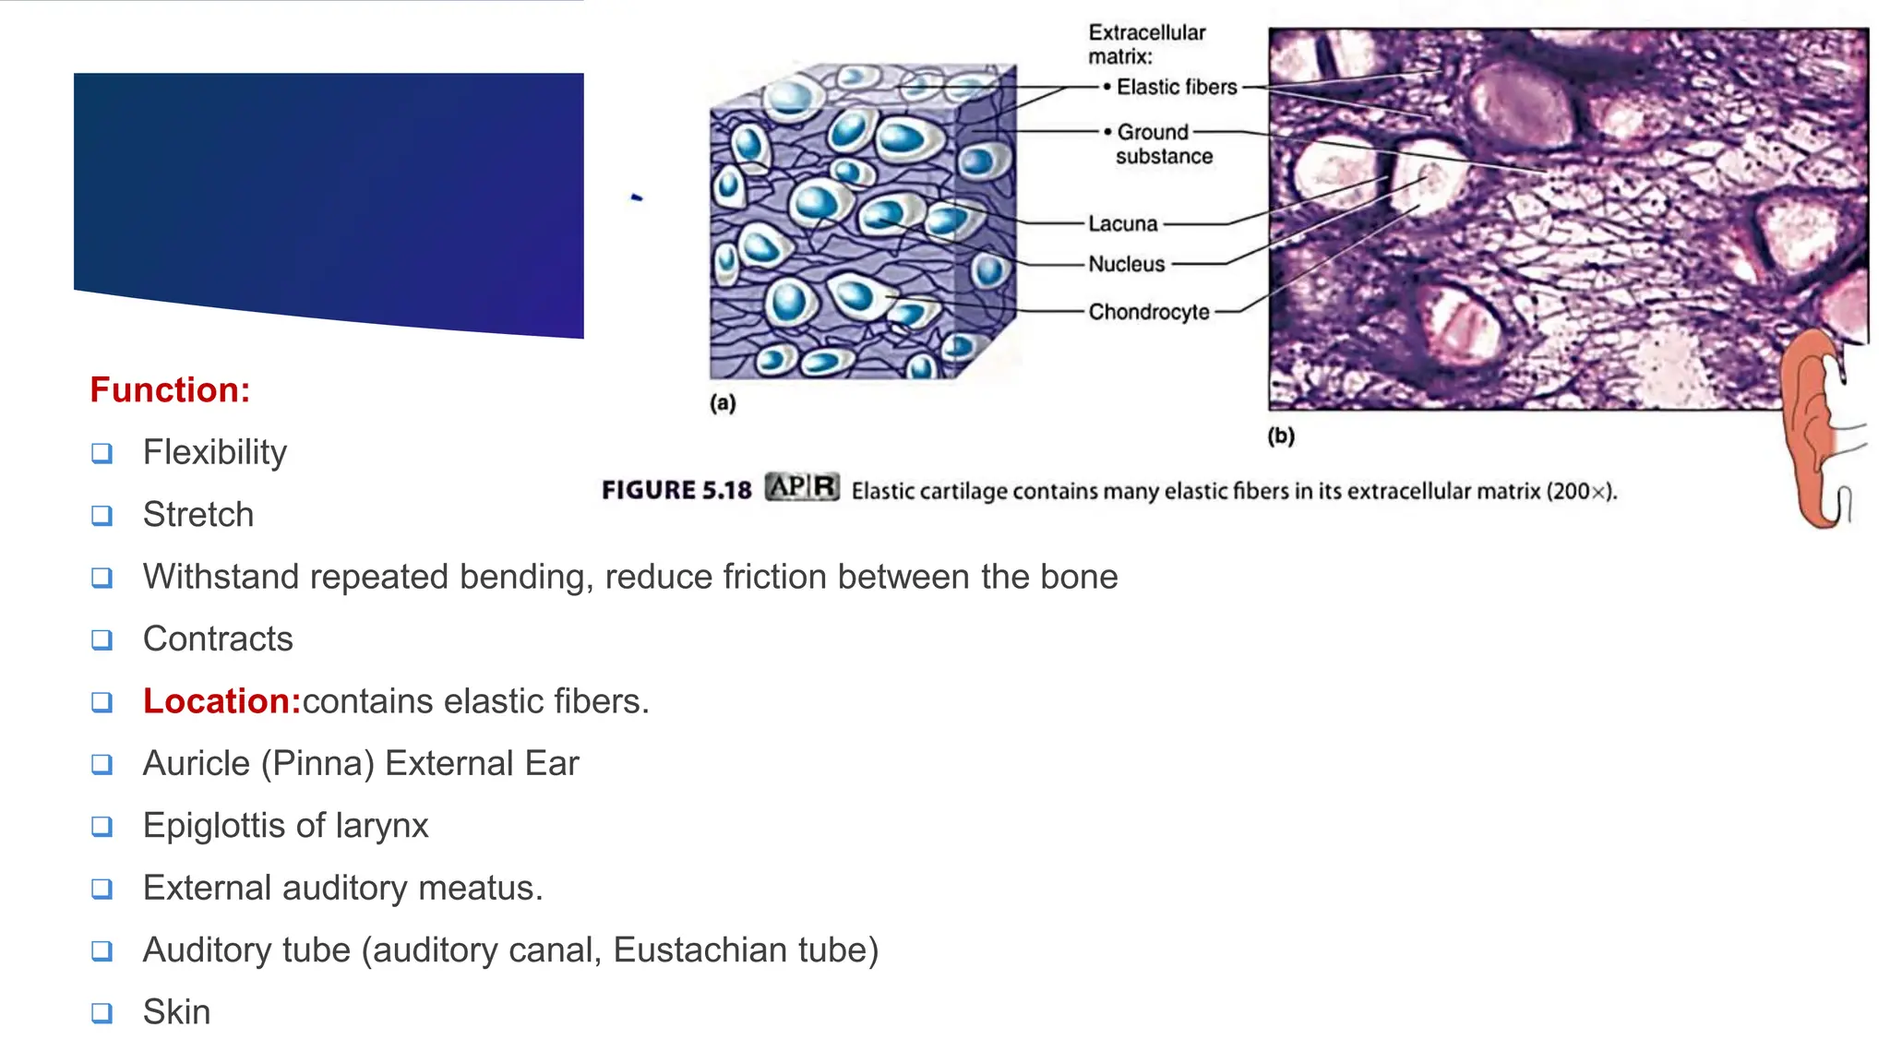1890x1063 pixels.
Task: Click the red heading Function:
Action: click(x=170, y=390)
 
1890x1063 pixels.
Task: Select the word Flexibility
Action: click(x=214, y=452)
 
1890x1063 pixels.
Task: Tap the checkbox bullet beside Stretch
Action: click(x=102, y=515)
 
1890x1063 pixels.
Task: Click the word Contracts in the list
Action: click(x=218, y=639)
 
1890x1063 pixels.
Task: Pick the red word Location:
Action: click(x=221, y=701)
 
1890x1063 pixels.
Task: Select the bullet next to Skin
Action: click(x=102, y=1012)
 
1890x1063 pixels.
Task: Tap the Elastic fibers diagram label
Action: click(x=1176, y=87)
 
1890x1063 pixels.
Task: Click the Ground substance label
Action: click(x=1163, y=144)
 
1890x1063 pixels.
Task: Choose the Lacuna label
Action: click(x=1122, y=223)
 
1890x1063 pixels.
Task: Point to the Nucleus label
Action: click(x=1126, y=264)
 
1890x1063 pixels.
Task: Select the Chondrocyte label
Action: click(x=1148, y=312)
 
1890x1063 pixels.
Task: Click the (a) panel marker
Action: click(x=723, y=402)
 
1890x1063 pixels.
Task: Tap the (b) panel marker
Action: click(x=1281, y=436)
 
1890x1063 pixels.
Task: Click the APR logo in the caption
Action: click(x=802, y=487)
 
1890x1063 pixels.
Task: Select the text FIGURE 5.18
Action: click(x=676, y=490)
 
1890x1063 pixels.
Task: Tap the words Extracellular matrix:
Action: click(x=1146, y=44)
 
